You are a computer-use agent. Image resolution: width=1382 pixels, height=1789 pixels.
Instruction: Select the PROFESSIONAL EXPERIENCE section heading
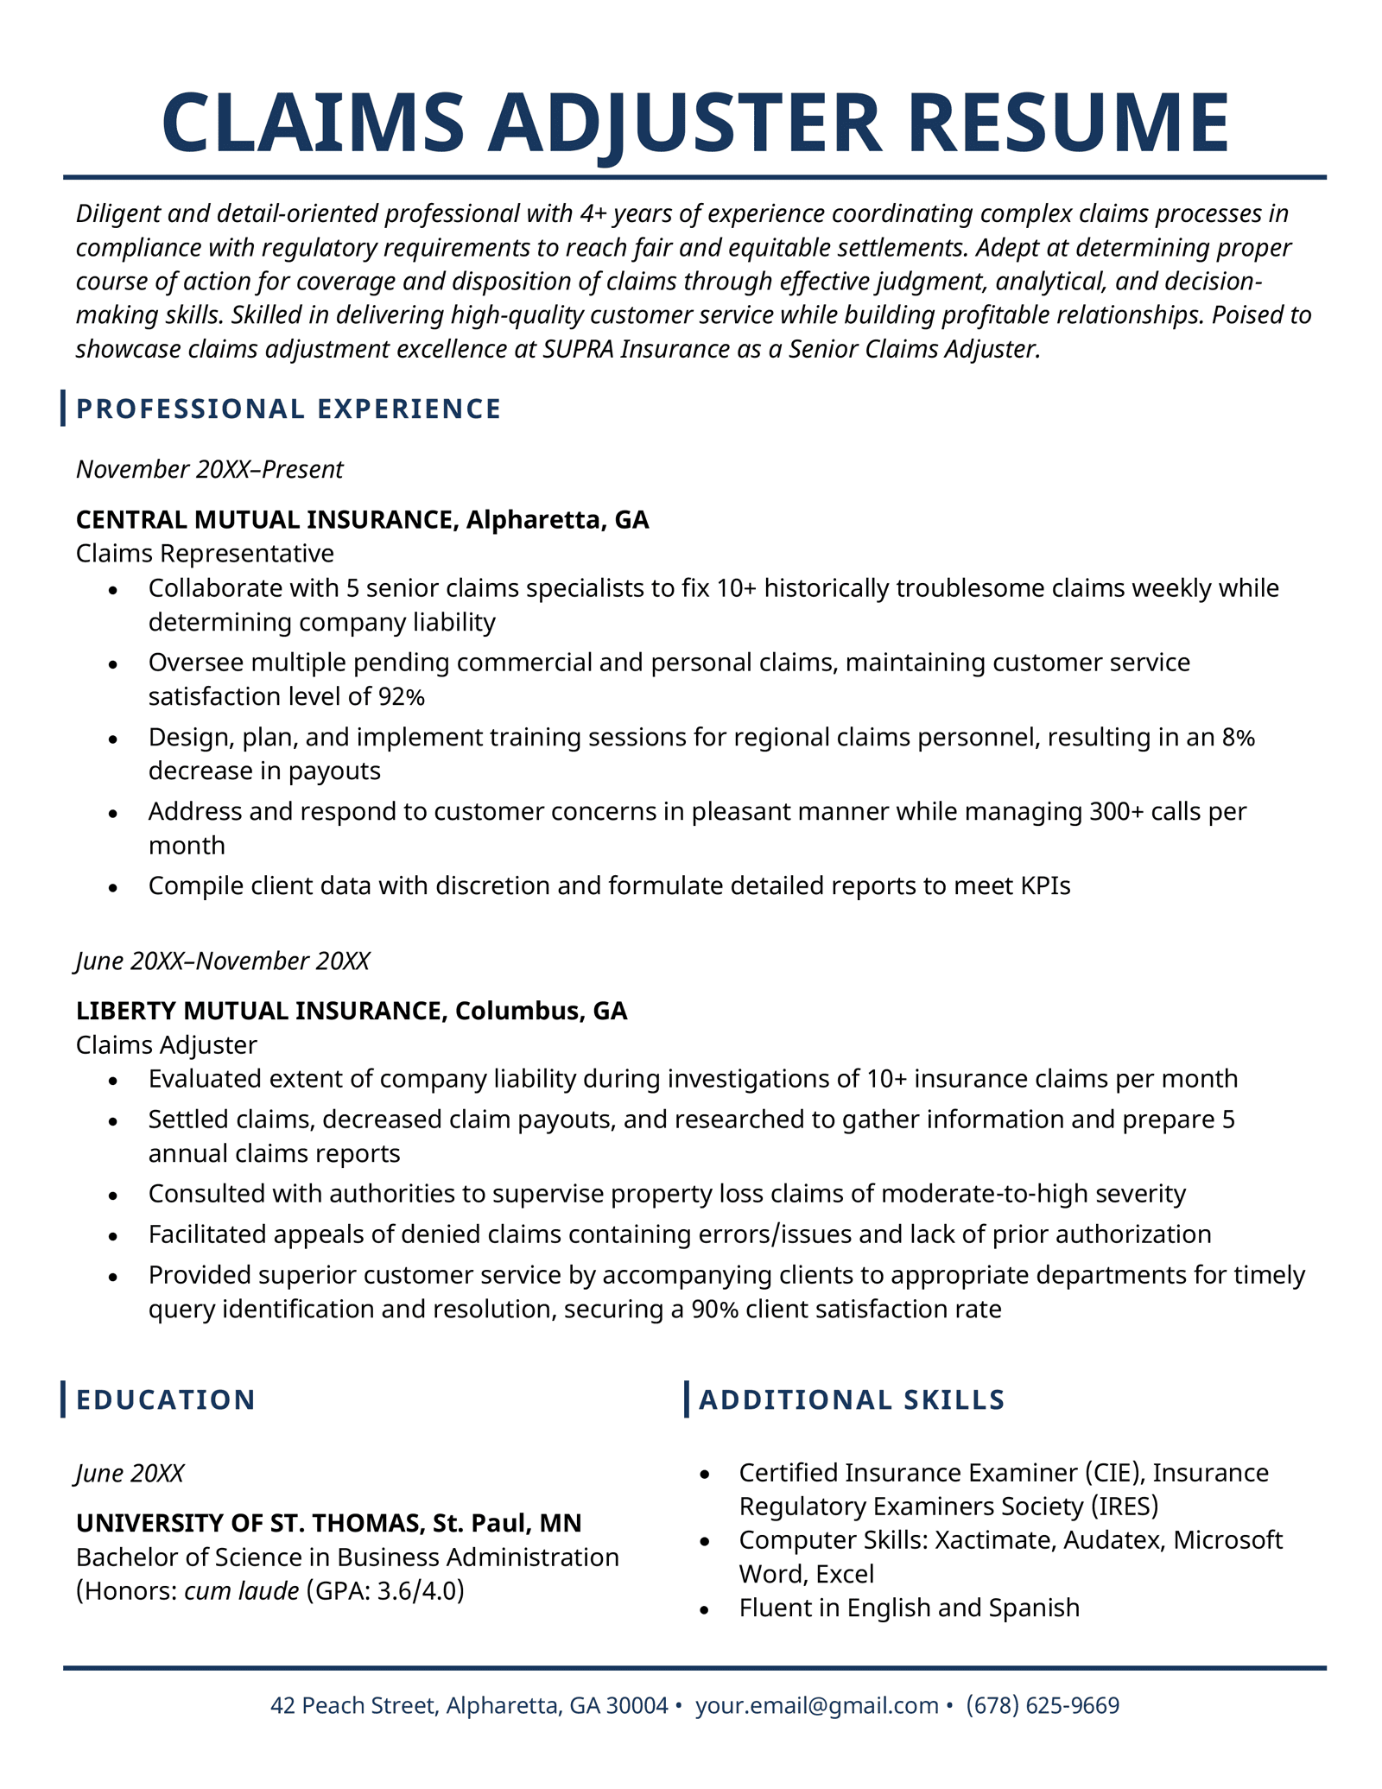pyautogui.click(x=288, y=409)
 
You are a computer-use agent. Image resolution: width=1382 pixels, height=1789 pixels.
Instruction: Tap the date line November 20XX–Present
pyautogui.click(x=209, y=469)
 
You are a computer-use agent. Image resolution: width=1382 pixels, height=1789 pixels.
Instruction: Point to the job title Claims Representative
pyautogui.click(x=205, y=553)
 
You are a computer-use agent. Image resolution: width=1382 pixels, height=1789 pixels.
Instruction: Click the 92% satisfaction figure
pyautogui.click(x=402, y=696)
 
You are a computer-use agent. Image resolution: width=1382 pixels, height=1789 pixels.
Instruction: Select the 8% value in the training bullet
pyautogui.click(x=1238, y=737)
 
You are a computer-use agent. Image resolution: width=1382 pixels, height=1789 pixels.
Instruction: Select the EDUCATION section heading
pyautogui.click(x=166, y=1399)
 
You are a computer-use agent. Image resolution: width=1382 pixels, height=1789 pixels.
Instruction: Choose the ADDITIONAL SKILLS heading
pyautogui.click(x=852, y=1399)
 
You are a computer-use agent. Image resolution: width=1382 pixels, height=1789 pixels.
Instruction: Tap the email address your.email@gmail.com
pyautogui.click(x=816, y=1705)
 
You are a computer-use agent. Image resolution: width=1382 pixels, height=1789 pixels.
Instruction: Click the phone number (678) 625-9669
pyautogui.click(x=1043, y=1705)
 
